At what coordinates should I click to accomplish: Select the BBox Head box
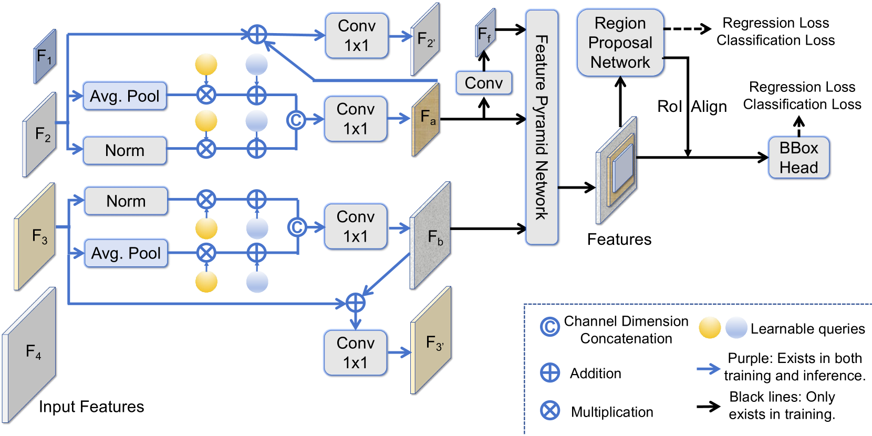click(798, 158)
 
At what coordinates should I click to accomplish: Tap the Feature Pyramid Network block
click(542, 127)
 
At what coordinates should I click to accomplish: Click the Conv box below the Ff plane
click(484, 83)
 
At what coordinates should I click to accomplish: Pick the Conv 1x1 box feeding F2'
click(357, 36)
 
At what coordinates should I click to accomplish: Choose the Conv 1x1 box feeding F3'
click(356, 352)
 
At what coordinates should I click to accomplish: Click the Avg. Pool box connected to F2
click(124, 96)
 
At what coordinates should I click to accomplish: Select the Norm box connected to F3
click(126, 201)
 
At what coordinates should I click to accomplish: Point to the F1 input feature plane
click(45, 56)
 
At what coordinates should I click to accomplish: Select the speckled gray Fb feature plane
click(431, 235)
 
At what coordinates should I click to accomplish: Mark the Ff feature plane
click(485, 34)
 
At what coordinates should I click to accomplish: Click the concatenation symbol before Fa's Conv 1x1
click(296, 120)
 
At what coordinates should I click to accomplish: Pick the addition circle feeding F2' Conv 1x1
click(257, 35)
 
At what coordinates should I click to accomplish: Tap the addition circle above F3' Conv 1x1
click(356, 303)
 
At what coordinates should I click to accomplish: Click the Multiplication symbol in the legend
click(550, 411)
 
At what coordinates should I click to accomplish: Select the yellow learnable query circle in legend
click(710, 328)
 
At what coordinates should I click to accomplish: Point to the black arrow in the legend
click(708, 406)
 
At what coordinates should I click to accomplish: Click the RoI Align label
click(692, 107)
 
